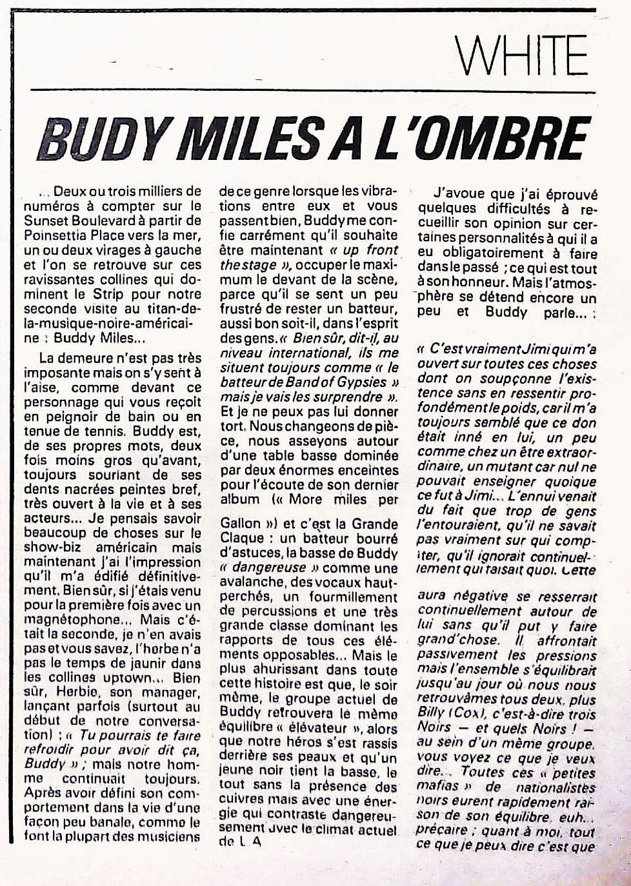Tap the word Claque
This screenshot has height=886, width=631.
pyautogui.click(x=243, y=538)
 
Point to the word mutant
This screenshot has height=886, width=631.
pyautogui.click(x=514, y=465)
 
